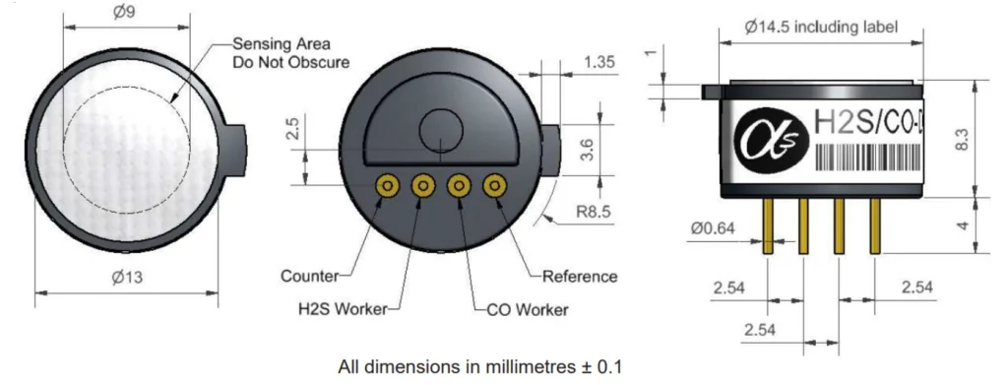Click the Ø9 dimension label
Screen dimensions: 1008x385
[x=124, y=12]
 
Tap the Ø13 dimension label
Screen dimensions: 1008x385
[x=127, y=278]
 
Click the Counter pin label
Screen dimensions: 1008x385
[x=309, y=277]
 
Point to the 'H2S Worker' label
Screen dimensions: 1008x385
[x=343, y=309]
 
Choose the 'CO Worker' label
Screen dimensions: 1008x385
[x=528, y=310]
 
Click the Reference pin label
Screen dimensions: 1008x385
[x=580, y=277]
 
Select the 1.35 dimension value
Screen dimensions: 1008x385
[x=599, y=62]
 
